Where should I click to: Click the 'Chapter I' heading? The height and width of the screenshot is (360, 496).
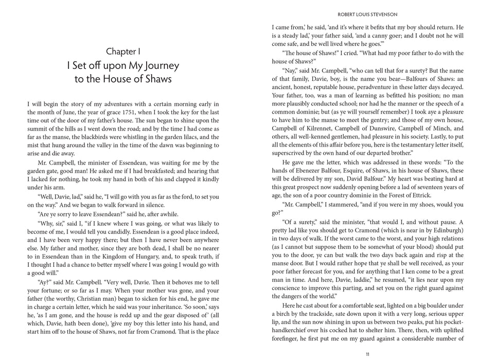click(122, 51)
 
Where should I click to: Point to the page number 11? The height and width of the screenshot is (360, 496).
click(367, 354)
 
